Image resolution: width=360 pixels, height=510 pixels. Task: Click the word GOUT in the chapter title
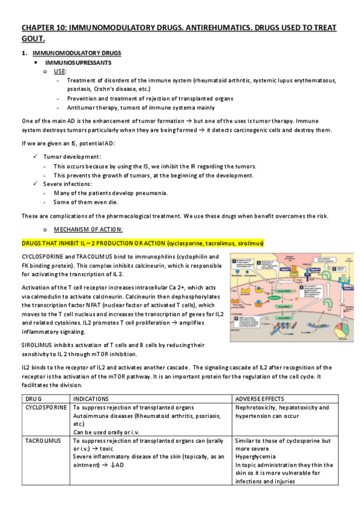[x=32, y=39]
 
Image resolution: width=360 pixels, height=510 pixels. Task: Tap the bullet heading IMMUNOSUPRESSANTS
[x=80, y=63]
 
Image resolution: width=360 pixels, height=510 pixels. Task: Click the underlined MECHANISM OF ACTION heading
[x=88, y=229]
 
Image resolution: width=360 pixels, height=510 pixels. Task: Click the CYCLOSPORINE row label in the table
[x=45, y=408]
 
